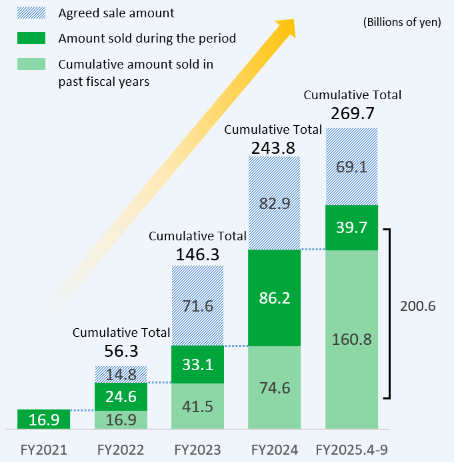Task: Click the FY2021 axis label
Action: point(43,450)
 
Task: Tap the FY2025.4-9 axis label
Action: point(351,450)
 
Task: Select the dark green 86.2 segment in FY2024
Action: point(275,298)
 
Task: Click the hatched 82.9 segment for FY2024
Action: point(275,204)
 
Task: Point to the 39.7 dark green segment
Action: point(351,228)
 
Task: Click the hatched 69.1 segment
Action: point(351,166)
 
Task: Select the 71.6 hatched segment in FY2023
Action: point(198,306)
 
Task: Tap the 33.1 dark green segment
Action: point(198,364)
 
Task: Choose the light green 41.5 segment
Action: point(198,406)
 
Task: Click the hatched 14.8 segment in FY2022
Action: point(121,374)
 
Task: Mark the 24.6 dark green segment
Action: point(121,397)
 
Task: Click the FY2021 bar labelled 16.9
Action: point(43,419)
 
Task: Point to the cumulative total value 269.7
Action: point(352,111)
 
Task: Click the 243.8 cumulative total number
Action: point(273,148)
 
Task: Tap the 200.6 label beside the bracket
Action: point(417,306)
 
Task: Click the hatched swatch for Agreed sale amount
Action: point(28,13)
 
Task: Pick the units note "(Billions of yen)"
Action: point(401,22)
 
